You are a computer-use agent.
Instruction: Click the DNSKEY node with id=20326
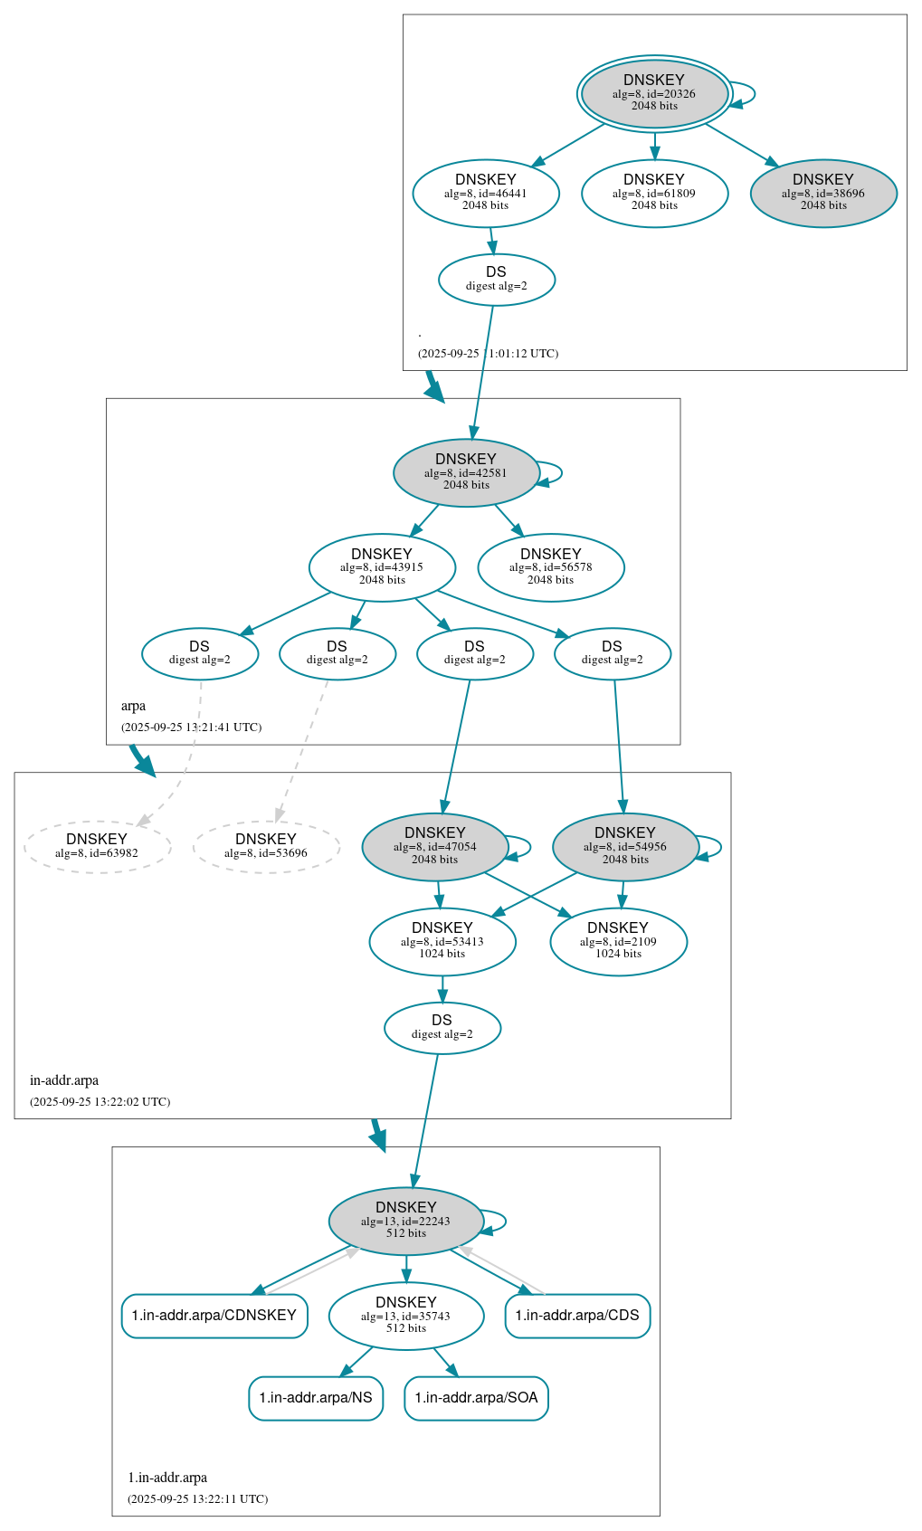[654, 93]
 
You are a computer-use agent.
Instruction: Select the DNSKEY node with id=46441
[486, 193]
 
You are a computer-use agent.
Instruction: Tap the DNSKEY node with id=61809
[654, 193]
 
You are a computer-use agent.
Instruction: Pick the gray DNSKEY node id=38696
[823, 193]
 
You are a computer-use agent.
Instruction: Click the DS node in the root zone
[496, 280]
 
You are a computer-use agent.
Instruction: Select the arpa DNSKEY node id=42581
[466, 472]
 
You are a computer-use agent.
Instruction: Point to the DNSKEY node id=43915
[382, 567]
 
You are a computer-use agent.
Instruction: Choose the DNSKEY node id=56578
[551, 567]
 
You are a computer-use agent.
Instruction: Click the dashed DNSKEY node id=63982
[97, 846]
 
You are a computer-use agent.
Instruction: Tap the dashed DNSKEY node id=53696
[266, 846]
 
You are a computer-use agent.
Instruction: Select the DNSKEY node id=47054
[435, 846]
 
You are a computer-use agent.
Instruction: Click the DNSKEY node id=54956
[625, 846]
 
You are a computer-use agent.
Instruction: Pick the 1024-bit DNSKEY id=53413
[442, 941]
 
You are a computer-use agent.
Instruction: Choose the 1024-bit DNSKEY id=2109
[618, 941]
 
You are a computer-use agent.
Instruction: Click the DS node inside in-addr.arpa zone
[442, 1028]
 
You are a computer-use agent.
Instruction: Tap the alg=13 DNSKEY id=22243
[405, 1221]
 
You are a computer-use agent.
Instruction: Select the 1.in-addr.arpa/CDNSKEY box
[214, 1316]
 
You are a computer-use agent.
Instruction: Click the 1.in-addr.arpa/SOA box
[476, 1398]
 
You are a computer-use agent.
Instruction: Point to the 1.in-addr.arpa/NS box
[316, 1398]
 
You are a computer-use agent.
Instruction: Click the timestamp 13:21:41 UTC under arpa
[191, 727]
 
